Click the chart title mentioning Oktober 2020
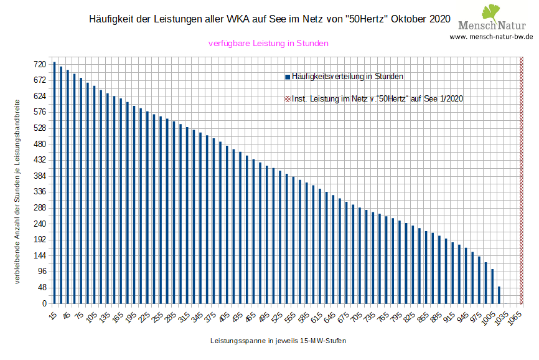(x=269, y=19)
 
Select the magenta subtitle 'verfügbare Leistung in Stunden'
(x=268, y=44)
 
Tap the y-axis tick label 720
(x=40, y=64)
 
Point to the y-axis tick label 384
(x=40, y=176)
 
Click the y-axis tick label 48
(x=42, y=288)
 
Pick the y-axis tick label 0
(x=44, y=304)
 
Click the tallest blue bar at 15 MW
(x=54, y=183)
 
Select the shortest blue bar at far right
(x=499, y=295)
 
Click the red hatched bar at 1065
(x=522, y=181)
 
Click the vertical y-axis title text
(x=17, y=189)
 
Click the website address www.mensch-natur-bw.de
(x=491, y=37)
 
